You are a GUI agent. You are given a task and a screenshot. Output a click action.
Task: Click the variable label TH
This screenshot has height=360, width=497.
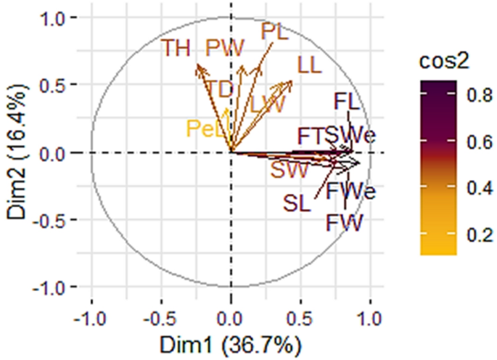coord(176,49)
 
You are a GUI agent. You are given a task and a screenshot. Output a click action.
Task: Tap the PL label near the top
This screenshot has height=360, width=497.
coord(274,31)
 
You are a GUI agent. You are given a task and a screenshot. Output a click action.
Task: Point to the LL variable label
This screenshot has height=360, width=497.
coord(309,65)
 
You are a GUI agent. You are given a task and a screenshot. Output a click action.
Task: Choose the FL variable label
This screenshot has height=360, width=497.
coord(347,101)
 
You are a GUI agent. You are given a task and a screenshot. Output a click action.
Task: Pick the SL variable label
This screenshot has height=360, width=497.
coord(297,202)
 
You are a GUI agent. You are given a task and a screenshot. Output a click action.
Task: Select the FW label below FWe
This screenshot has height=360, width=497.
coord(343,221)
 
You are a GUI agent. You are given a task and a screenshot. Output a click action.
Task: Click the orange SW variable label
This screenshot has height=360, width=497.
coord(289,171)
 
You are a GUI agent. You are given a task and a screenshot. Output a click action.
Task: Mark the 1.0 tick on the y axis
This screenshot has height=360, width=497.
coord(65,18)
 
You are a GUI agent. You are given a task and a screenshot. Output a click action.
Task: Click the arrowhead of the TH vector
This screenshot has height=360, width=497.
coord(197,65)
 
